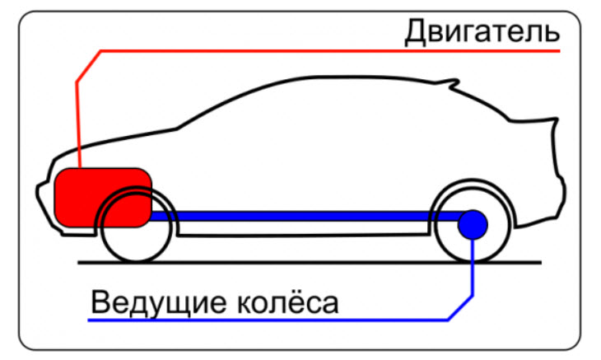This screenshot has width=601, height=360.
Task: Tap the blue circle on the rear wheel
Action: click(473, 224)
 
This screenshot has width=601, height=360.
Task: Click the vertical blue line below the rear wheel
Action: click(473, 272)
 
